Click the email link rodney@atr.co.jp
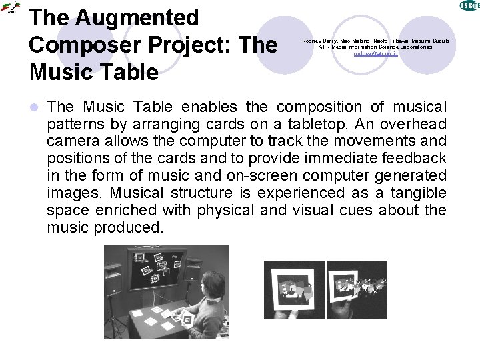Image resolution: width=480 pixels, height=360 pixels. point(375,53)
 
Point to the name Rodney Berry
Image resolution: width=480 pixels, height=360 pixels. point(321,41)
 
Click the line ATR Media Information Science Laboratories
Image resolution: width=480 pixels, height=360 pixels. point(375,47)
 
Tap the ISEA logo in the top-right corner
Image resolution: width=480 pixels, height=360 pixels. point(469,5)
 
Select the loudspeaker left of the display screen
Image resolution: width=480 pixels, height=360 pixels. point(113,273)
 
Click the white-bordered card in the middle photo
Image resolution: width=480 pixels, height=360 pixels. point(294,289)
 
